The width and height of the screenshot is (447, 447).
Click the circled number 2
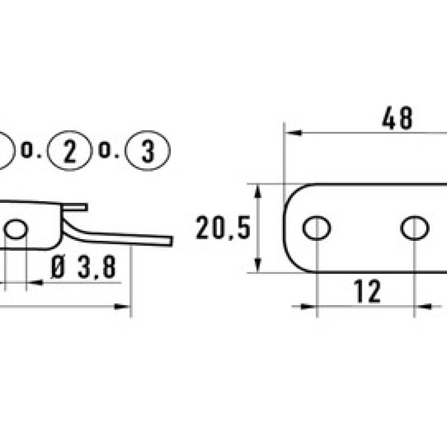[x=69, y=150]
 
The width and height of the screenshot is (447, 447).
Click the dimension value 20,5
[x=223, y=229]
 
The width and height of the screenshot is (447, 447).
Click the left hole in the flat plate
[x=316, y=228]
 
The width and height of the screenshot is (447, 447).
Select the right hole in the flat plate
[x=415, y=228]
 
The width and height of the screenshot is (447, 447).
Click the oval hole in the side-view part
[x=16, y=228]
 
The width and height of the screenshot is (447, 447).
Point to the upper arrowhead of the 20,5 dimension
[x=258, y=190]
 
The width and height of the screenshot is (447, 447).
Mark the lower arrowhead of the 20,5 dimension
[x=258, y=267]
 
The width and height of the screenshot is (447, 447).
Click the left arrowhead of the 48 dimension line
[x=293, y=133]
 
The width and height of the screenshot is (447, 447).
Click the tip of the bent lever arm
[x=169, y=240]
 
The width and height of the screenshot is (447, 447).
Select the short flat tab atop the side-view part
[x=75, y=207]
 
